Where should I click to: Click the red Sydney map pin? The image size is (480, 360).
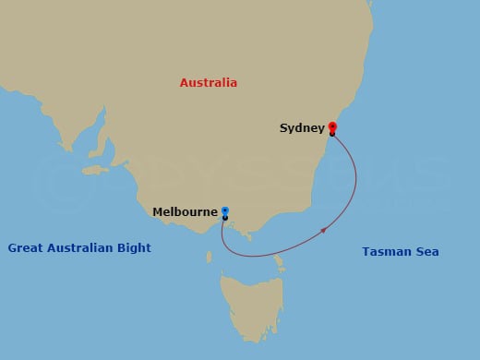pyautogui.click(x=332, y=127)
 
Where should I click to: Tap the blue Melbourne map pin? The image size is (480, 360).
pyautogui.click(x=225, y=211)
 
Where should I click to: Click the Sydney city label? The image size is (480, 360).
pyautogui.click(x=302, y=128)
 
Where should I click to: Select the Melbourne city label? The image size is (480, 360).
pyautogui.click(x=185, y=211)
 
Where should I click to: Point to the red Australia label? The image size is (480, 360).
pyautogui.click(x=209, y=83)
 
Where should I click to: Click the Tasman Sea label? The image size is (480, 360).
pyautogui.click(x=401, y=251)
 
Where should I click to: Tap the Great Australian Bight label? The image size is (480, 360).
pyautogui.click(x=79, y=247)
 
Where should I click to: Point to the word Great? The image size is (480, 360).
pyautogui.click(x=25, y=247)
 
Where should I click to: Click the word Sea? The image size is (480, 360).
pyautogui.click(x=427, y=251)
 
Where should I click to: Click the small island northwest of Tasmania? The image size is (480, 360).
pyautogui.click(x=210, y=258)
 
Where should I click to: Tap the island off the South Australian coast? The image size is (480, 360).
pyautogui.click(x=96, y=170)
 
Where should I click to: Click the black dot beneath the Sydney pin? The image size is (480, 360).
pyautogui.click(x=332, y=136)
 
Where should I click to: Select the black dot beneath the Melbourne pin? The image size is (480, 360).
pyautogui.click(x=225, y=219)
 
